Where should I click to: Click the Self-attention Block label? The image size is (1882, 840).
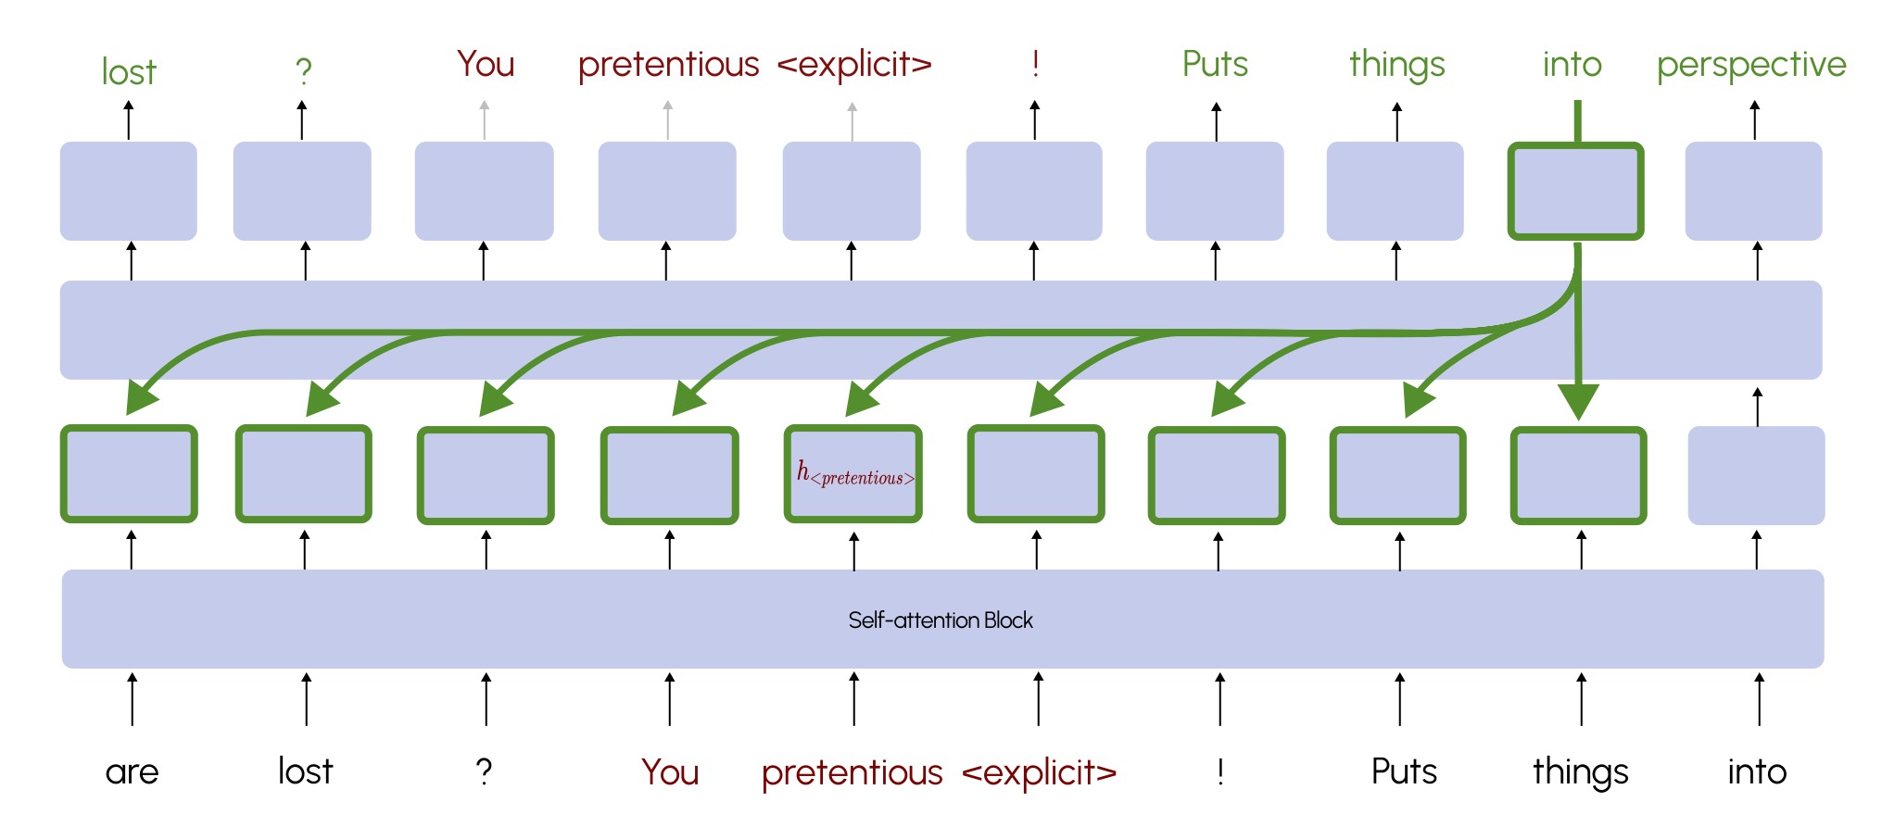[x=941, y=621]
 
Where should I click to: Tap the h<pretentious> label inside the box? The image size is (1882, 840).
[x=854, y=474]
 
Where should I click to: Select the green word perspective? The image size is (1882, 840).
[x=1751, y=66]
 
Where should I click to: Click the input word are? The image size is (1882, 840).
[x=132, y=771]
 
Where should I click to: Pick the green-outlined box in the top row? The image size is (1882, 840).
[x=1575, y=191]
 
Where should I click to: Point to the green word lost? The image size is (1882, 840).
[x=129, y=72]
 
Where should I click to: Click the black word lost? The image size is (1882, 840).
[x=305, y=771]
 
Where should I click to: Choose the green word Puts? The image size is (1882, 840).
[x=1215, y=65]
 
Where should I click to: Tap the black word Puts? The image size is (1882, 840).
[x=1404, y=771]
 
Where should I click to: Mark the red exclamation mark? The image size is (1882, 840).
[x=1035, y=64]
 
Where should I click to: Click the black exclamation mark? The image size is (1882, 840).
[x=1220, y=771]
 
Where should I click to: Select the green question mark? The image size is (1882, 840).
[x=303, y=70]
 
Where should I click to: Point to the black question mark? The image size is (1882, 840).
[x=484, y=771]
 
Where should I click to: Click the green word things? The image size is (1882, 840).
[x=1396, y=66]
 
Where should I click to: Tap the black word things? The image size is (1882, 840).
[x=1580, y=772]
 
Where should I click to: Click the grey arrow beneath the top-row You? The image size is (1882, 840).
[x=484, y=120]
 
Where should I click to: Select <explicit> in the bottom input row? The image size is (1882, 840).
[x=1039, y=771]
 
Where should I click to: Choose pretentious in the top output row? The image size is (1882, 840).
[x=668, y=65]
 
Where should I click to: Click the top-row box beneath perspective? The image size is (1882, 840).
[x=1753, y=191]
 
